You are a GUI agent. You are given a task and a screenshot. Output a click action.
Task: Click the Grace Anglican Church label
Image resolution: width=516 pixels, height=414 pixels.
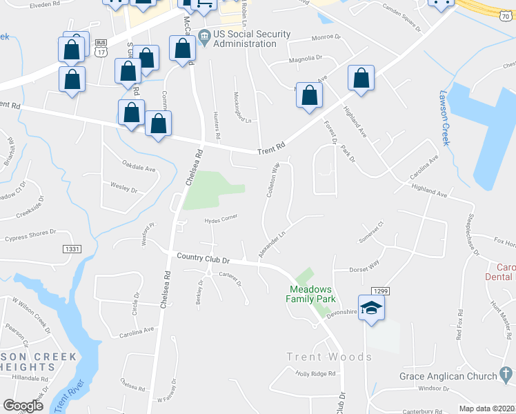448,376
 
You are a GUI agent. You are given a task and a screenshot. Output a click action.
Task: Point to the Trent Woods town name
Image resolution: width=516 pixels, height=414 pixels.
329,357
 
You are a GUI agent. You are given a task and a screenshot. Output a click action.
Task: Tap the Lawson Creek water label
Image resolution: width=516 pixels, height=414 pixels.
445,118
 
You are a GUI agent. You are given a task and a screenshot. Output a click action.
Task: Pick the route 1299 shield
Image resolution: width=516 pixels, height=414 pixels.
379,292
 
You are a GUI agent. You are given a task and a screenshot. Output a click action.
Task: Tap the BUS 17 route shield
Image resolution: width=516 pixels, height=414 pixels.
100,47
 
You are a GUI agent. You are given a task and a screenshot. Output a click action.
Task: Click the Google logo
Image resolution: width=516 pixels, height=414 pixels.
23,406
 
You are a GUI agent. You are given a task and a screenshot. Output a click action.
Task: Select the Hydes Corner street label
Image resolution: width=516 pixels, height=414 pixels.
221,220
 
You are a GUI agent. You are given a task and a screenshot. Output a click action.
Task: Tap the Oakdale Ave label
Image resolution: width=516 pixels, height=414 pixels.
139,168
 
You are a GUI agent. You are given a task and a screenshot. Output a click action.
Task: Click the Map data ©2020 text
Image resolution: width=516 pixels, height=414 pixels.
486,408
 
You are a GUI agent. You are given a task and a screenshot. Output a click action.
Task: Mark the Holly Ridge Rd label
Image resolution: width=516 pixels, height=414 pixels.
315,373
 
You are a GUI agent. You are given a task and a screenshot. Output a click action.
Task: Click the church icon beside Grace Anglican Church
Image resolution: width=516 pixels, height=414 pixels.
506,376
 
